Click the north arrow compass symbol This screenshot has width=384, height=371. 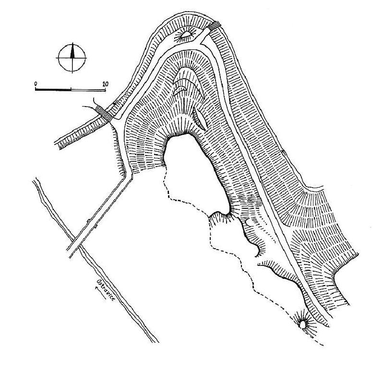tap(72, 58)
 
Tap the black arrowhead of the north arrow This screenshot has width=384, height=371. tap(72, 51)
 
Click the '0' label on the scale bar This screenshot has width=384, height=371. tap(36, 84)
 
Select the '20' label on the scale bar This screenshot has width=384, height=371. tap(105, 84)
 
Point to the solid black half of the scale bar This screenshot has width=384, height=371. tap(53, 90)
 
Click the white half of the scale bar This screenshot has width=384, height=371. tap(88, 90)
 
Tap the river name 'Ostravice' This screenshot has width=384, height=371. tap(106, 290)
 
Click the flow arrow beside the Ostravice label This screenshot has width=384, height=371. tap(100, 293)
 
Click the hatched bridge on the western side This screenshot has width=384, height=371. tap(104, 113)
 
